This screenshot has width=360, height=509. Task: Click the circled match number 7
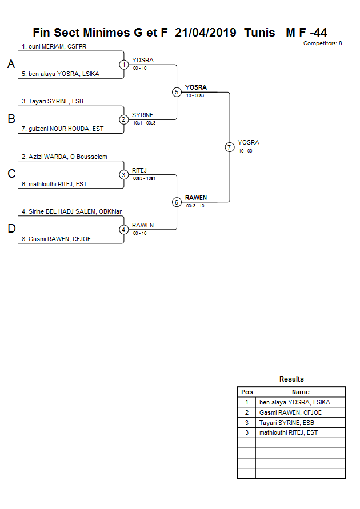point(230,147)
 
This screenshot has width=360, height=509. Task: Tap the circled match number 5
point(177,92)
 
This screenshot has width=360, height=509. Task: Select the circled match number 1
point(124,65)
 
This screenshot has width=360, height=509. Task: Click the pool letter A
point(11,65)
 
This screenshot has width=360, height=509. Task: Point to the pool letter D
point(11,229)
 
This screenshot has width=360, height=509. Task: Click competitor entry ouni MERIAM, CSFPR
point(54,46)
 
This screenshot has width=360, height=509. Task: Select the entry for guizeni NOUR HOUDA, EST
point(63,129)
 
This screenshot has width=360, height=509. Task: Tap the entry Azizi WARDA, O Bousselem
point(65,157)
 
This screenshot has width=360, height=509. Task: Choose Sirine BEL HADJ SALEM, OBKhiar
point(71,211)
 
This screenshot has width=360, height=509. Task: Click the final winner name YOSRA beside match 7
point(249,142)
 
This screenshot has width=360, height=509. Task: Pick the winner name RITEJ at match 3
point(140,170)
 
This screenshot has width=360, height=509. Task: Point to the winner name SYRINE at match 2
point(142,115)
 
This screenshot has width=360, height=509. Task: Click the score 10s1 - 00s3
point(144,123)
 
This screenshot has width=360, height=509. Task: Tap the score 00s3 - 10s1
point(144,178)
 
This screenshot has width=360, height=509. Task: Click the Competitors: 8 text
point(322,43)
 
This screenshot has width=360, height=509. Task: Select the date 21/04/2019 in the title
point(206,33)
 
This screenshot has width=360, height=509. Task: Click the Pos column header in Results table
point(247,392)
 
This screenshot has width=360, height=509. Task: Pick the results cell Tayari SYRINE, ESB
point(287,423)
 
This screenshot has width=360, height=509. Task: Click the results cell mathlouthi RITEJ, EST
point(289,433)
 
